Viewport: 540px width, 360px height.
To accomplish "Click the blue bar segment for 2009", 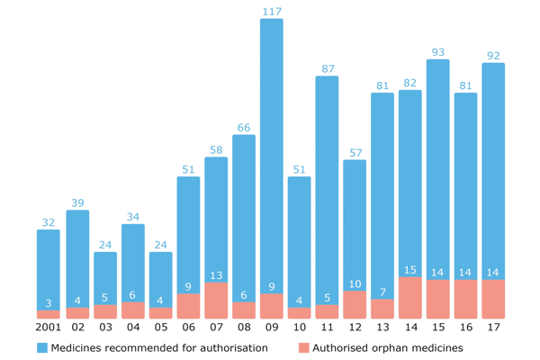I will coord(272,153).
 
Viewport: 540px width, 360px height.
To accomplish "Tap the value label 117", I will coord(272,12).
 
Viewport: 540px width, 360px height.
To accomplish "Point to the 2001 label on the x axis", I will coord(49,328).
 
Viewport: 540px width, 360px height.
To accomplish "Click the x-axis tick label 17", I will coord(493,328).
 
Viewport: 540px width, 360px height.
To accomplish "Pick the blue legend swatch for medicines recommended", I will coord(41,347).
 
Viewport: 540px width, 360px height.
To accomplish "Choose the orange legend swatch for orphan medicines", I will coord(302,347).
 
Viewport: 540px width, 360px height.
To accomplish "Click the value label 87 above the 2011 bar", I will coord(328,69).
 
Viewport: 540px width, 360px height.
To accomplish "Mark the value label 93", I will coord(438,52).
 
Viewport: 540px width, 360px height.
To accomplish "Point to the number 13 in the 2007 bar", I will coord(216,275).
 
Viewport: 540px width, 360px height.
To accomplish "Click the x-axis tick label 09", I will coord(272,328).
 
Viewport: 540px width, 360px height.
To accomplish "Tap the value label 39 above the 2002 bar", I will coord(77,203).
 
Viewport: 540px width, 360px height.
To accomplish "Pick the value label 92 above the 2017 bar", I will coord(493,56).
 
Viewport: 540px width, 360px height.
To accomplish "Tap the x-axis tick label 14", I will coord(410,328).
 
